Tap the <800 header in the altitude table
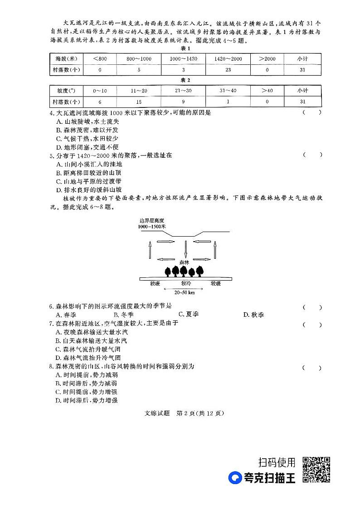(x=100, y=59)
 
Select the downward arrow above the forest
(x=186, y=249)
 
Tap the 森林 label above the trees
(x=184, y=262)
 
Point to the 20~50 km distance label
(x=185, y=292)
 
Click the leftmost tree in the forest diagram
(x=168, y=271)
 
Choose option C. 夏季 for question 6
(x=189, y=314)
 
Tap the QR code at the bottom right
(x=316, y=470)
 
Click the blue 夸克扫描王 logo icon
(x=235, y=478)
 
